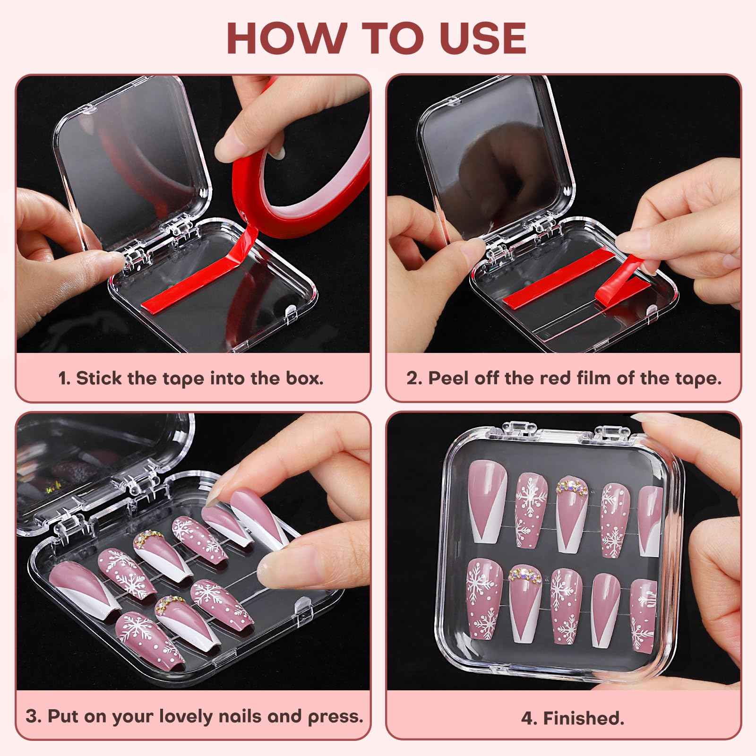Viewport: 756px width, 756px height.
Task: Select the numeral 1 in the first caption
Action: tap(62, 378)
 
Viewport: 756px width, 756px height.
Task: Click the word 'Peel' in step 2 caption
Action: tap(447, 378)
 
